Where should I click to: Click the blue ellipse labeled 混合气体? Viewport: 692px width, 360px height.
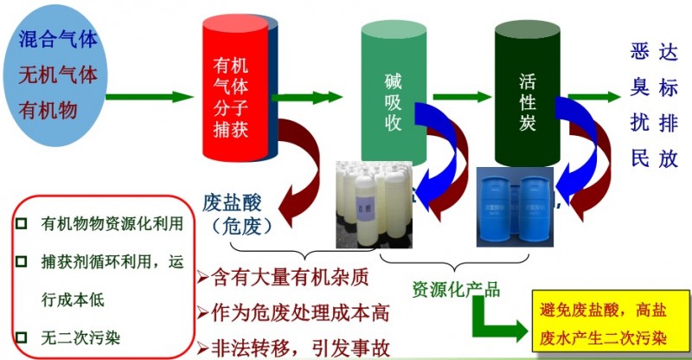click(x=59, y=74)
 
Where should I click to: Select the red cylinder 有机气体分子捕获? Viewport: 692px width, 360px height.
click(x=234, y=95)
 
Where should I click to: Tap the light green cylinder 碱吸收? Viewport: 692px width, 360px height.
click(x=394, y=95)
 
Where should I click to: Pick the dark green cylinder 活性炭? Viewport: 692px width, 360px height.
click(x=529, y=95)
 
